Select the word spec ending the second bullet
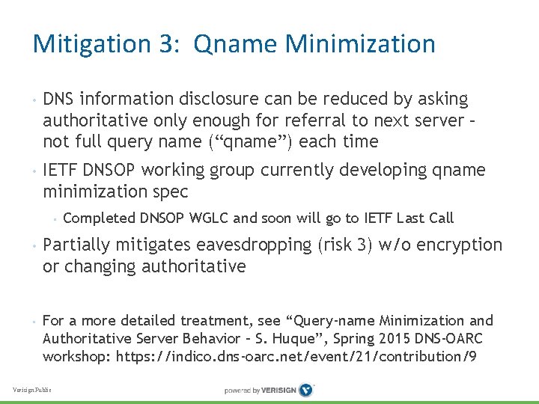[x=169, y=192]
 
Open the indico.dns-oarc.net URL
[x=296, y=356]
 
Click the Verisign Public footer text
[x=32, y=390]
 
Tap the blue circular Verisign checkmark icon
[x=305, y=390]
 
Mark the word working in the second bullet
[x=181, y=171]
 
